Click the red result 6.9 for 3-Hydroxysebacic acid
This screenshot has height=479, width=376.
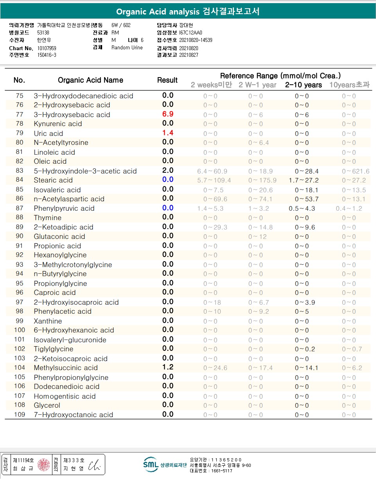(167, 114)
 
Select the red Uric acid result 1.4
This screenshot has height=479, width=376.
(167, 133)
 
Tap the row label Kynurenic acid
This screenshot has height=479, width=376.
(58, 124)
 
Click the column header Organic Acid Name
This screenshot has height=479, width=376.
(90, 80)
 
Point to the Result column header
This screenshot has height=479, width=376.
(167, 80)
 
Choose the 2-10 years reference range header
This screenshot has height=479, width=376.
(303, 85)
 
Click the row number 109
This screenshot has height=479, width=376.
(19, 415)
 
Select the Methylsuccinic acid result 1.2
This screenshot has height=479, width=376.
(167, 367)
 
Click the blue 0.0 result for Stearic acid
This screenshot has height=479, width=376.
(167, 180)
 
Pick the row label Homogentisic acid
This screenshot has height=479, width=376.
(65, 396)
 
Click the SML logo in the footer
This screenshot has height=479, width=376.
(151, 465)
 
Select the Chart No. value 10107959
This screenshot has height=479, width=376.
(47, 48)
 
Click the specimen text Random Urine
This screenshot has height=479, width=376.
(127, 48)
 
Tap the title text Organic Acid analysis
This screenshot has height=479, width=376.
(158, 12)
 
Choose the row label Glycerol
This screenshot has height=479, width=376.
(47, 405)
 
